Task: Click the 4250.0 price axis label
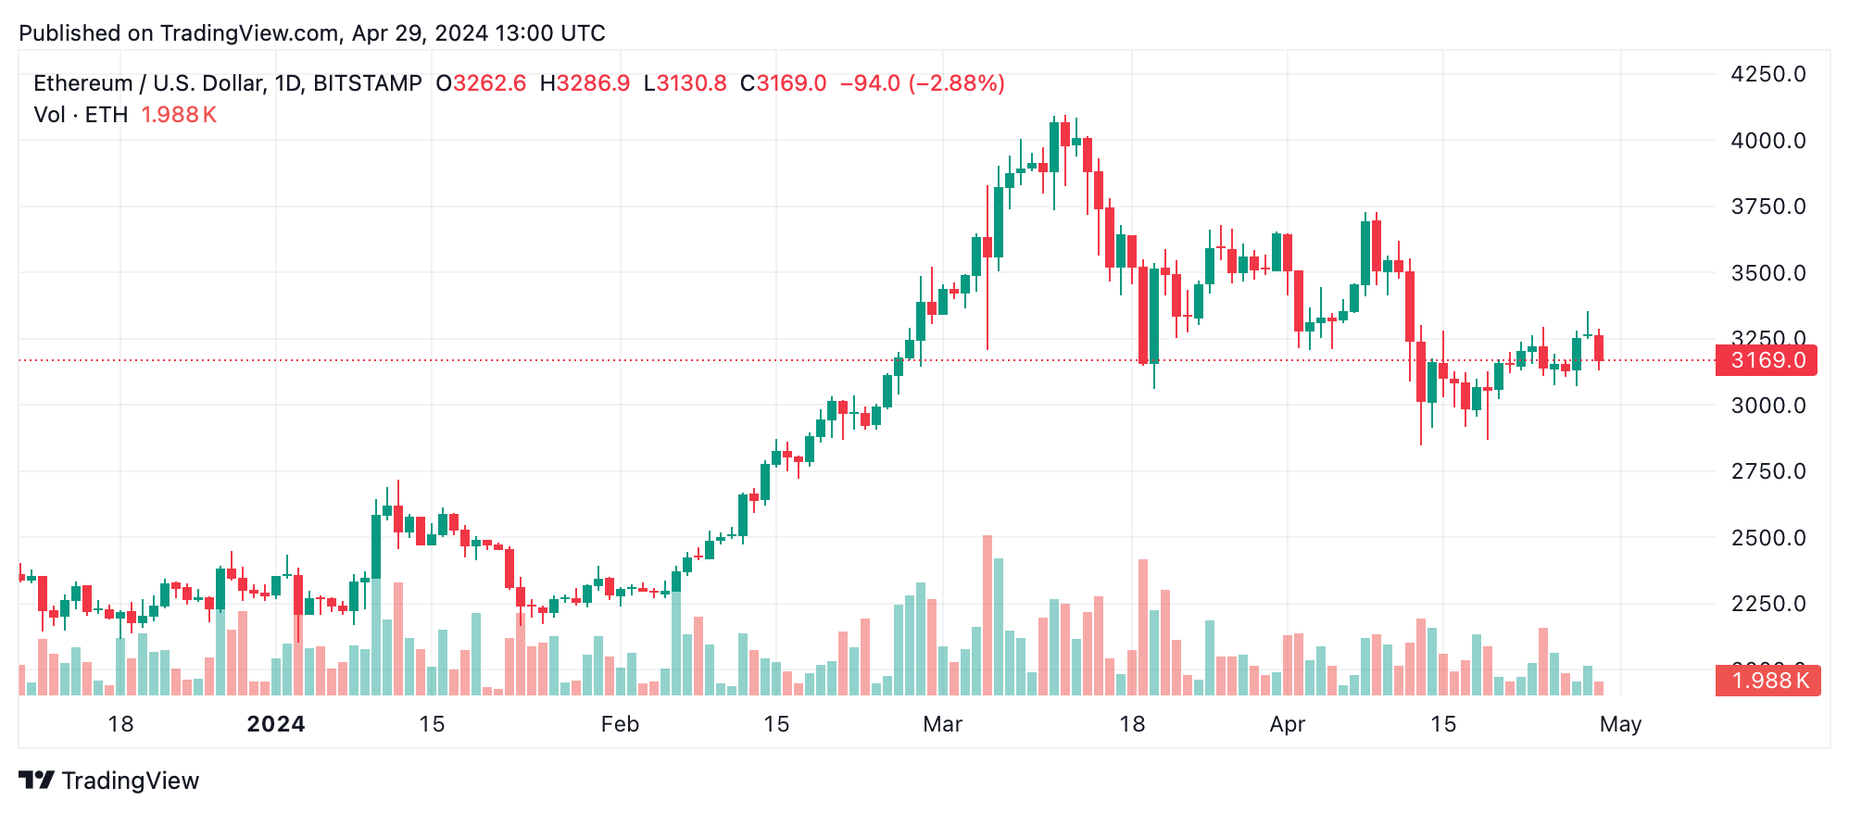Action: (x=1767, y=74)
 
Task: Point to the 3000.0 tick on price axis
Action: (x=1767, y=406)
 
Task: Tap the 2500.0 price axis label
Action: (x=1767, y=538)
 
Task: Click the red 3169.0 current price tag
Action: (x=1766, y=360)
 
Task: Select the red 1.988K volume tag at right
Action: (x=1767, y=681)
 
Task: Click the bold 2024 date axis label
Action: (x=276, y=724)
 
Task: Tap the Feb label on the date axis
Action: (x=620, y=724)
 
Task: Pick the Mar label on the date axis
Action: (x=942, y=724)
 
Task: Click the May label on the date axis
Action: (x=1620, y=724)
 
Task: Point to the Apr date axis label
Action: (x=1287, y=724)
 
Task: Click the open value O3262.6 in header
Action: (x=481, y=83)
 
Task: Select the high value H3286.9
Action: (x=585, y=83)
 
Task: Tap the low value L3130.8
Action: (x=685, y=83)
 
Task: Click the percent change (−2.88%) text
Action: (x=956, y=83)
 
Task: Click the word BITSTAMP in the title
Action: (x=368, y=83)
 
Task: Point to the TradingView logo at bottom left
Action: (x=109, y=781)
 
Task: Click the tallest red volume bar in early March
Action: (x=987, y=615)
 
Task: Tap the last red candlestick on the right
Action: (x=1599, y=348)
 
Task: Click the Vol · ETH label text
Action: (x=81, y=115)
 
